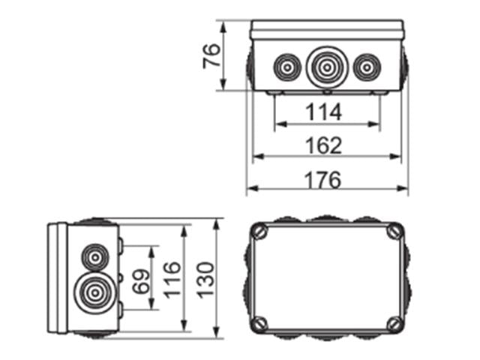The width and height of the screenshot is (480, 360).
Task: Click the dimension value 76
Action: (212, 56)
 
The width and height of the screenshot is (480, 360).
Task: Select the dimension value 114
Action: (324, 112)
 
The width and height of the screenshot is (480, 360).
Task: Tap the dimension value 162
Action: (324, 145)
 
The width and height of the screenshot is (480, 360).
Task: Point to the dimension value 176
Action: (324, 180)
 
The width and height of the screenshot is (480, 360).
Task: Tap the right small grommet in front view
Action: (365, 68)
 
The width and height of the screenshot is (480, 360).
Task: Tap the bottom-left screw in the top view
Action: (259, 324)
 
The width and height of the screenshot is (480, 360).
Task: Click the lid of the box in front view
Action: (328, 30)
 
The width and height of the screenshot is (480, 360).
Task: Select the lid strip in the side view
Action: (58, 277)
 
